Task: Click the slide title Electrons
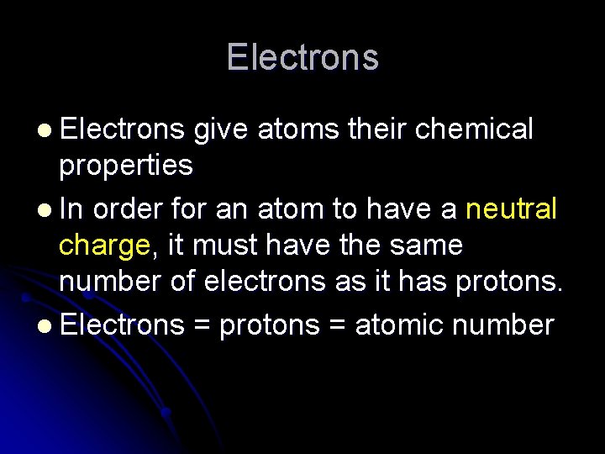pos(302,57)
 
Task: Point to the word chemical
pos(475,129)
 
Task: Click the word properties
pos(126,166)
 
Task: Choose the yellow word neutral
pos(511,207)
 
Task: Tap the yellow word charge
pos(104,247)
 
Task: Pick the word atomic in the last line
pos(402,324)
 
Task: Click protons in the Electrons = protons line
pos(270,325)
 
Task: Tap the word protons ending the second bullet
pos(508,286)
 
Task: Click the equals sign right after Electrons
pos(202,325)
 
